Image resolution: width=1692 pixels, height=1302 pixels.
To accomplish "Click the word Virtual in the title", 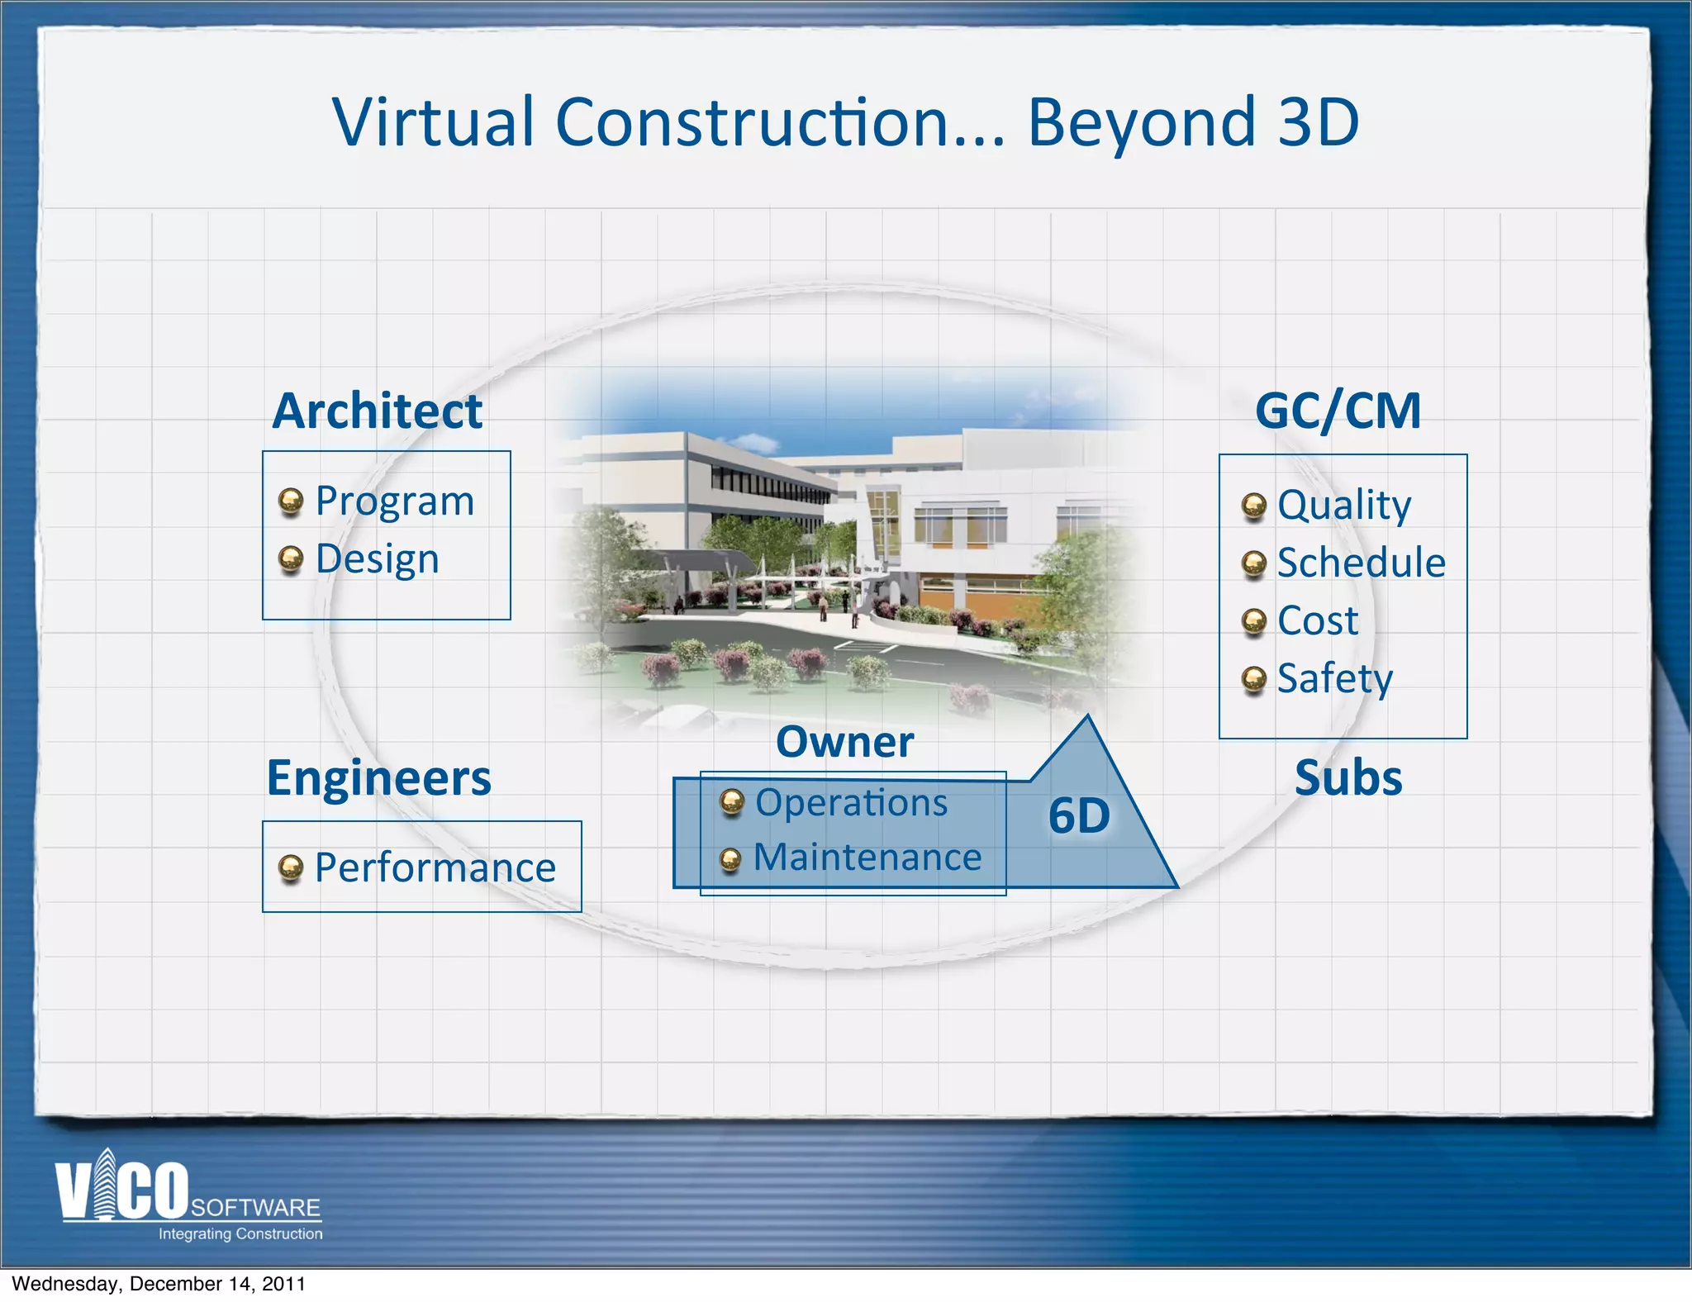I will click(x=434, y=122).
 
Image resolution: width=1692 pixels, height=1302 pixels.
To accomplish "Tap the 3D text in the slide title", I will click(x=1318, y=122).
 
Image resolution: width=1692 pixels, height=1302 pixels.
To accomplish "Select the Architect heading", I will click(x=378, y=411).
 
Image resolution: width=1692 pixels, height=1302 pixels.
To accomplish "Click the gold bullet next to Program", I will click(x=291, y=501).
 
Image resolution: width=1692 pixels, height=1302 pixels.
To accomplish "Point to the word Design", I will click(x=378, y=560).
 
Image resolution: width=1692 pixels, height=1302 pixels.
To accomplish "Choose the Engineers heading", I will click(x=379, y=778).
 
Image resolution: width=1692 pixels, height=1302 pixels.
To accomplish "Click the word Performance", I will click(x=435, y=867).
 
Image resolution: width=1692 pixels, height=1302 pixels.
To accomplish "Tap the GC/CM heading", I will click(x=1338, y=411).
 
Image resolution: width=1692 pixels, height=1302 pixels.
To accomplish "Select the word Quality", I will click(x=1344, y=506).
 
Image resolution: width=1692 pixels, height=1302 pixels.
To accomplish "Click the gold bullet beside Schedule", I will click(x=1254, y=563).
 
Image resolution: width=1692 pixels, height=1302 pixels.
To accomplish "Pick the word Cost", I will click(x=1318, y=620).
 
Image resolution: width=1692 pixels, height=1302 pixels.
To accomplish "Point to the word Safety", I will click(x=1335, y=679).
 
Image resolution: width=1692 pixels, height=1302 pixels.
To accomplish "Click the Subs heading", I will click(x=1348, y=778).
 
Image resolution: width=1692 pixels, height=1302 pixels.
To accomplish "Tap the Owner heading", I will click(x=845, y=742).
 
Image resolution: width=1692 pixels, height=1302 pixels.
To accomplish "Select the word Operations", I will click(x=852, y=803).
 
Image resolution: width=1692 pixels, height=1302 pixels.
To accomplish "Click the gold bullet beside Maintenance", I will click(x=730, y=860).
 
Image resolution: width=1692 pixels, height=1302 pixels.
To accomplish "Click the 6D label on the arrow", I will click(x=1079, y=816).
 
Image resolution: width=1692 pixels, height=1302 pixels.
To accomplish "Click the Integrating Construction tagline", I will click(x=240, y=1233).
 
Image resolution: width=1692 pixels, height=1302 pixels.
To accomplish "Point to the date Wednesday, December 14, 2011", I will click(x=159, y=1284).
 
